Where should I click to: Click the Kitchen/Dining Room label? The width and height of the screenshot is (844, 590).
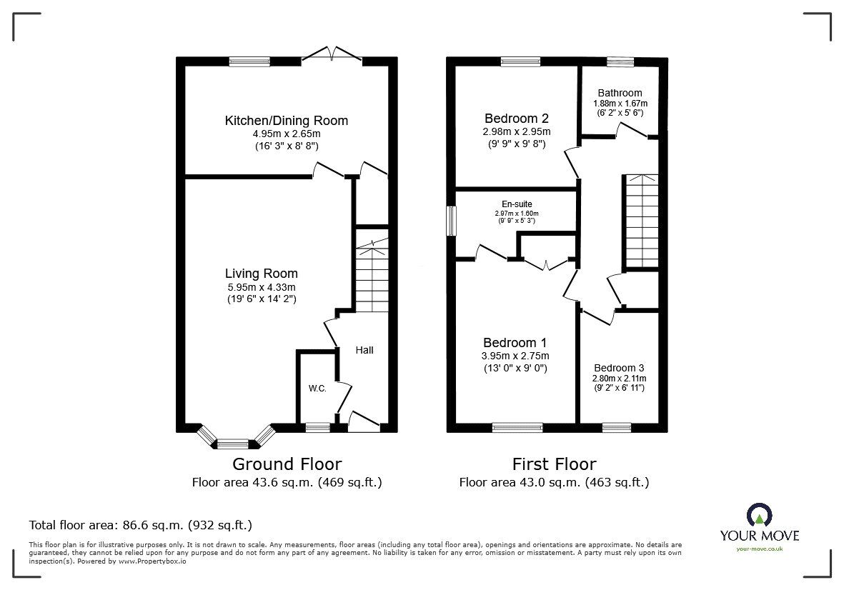coord(287,121)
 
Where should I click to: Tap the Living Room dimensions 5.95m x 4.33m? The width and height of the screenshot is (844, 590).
coord(261,288)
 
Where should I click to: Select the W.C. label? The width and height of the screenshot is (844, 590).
coord(317,389)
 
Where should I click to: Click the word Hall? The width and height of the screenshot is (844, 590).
coord(364,350)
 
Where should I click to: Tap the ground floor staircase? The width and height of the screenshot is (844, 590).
coord(372,279)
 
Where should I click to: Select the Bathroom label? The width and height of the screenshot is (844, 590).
coord(620,93)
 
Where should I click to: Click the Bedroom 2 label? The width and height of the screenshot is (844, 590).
coord(517,119)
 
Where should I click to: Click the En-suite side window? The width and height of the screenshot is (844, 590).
coord(451,221)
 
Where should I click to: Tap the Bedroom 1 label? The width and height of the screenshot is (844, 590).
coord(515,342)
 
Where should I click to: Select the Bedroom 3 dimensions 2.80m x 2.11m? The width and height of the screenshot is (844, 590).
coord(620,379)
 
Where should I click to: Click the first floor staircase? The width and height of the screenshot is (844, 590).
coord(641,221)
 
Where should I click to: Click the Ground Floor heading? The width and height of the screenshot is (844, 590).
coord(287,464)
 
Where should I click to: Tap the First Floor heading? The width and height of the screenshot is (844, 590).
coord(554,464)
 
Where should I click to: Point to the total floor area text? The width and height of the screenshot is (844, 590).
coord(140,525)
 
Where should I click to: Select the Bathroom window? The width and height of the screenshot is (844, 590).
coord(620,62)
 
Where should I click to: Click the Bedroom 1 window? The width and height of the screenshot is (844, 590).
coord(517,427)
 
